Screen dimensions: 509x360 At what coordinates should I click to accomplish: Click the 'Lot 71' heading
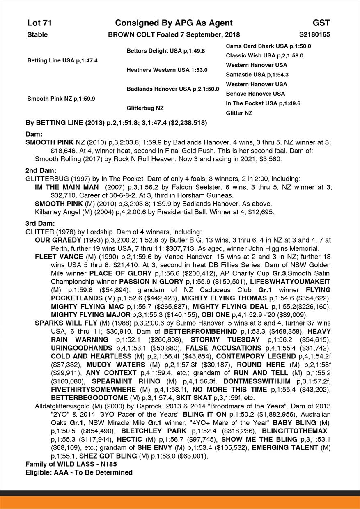click(x=39, y=23)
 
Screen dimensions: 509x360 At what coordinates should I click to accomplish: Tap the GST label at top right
click(x=321, y=23)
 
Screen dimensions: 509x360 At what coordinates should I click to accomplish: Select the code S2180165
click(x=314, y=35)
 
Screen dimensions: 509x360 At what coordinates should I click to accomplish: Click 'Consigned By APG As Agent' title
click(x=174, y=23)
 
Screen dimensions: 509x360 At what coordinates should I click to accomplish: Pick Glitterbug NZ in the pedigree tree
click(x=145, y=108)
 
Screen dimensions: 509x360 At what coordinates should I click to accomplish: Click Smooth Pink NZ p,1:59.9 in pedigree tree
click(x=61, y=99)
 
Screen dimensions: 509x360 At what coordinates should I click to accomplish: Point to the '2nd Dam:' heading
click(x=41, y=170)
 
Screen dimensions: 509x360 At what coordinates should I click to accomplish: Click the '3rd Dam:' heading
click(x=40, y=224)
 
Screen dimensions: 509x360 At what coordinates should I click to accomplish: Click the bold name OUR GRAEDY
click(x=57, y=240)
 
